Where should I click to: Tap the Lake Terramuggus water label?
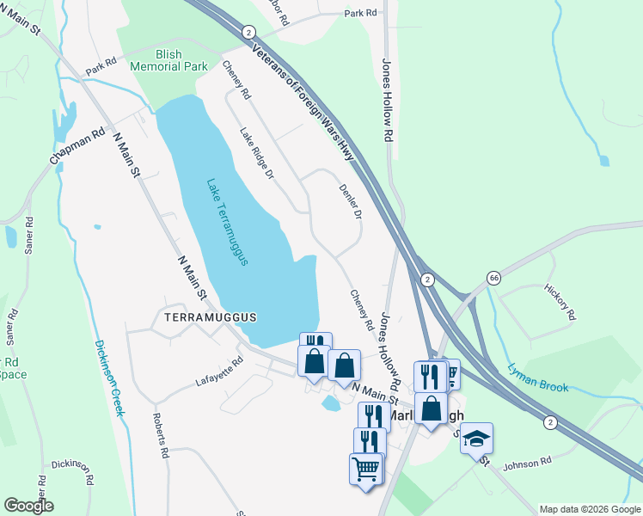click(x=227, y=222)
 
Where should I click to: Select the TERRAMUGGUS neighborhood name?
click(x=205, y=317)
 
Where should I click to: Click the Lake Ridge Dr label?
click(x=256, y=153)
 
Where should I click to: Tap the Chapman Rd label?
click(x=77, y=146)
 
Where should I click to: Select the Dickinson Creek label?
click(x=109, y=378)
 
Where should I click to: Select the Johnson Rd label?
click(x=526, y=464)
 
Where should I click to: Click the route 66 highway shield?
click(x=493, y=278)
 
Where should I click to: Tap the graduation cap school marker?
click(x=476, y=439)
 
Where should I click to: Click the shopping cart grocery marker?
click(x=366, y=469)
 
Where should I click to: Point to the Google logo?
click(x=28, y=506)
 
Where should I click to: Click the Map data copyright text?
click(x=590, y=509)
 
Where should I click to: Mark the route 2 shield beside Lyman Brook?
click(x=550, y=421)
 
